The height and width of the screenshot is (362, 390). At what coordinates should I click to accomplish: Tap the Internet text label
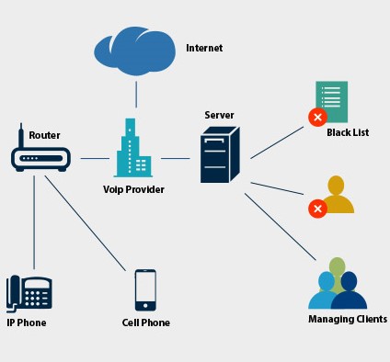point(204,48)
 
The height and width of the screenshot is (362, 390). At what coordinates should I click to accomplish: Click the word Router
point(44,135)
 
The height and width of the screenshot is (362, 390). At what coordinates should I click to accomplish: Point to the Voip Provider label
point(133,189)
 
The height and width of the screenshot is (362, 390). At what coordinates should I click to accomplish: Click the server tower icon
point(219,156)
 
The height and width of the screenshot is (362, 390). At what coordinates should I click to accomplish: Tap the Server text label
point(219,116)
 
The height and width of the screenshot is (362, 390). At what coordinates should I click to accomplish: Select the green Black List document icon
point(332,102)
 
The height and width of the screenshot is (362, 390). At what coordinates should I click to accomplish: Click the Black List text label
point(348,132)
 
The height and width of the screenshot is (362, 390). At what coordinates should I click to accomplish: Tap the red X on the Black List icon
point(316,118)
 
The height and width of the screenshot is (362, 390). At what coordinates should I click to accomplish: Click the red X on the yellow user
point(316,209)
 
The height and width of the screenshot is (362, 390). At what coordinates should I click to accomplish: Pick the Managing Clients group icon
point(337,285)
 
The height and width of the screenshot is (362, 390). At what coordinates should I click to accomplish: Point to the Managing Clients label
point(347,319)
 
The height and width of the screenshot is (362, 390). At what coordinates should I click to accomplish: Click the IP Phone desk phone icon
point(28,293)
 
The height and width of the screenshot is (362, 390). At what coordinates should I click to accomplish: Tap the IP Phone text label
point(26,322)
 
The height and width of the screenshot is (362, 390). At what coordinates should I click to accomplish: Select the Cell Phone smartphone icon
point(145,291)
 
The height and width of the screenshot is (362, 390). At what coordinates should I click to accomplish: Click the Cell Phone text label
point(145,322)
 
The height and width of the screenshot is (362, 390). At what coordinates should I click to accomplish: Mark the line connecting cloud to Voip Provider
point(136,95)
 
